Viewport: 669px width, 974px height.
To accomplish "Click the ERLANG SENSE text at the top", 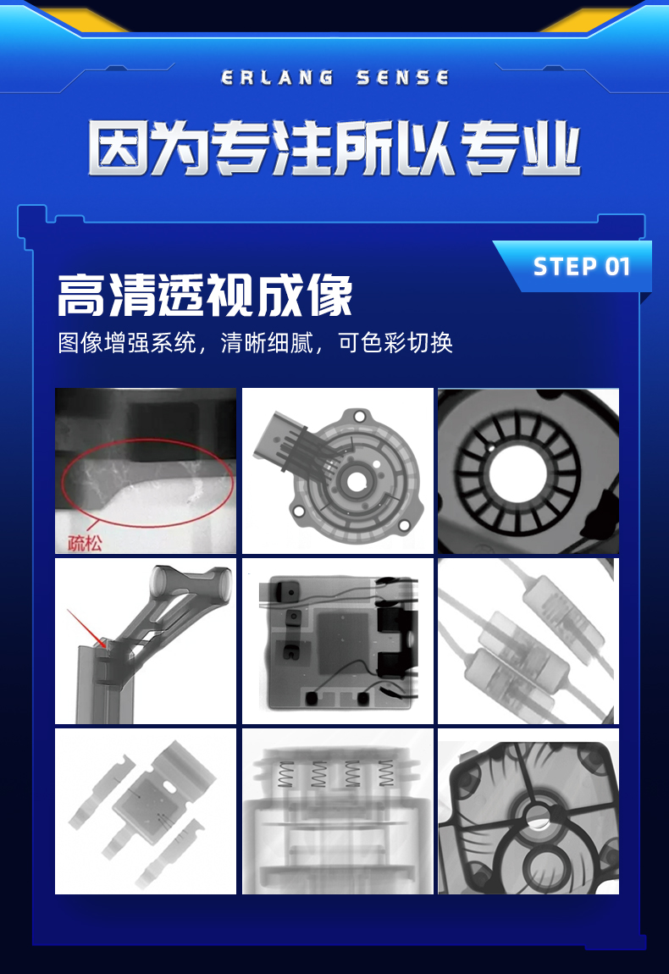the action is (334, 78).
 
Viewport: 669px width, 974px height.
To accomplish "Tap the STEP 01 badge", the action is (582, 267).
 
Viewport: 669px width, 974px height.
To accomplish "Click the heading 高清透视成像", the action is (205, 296).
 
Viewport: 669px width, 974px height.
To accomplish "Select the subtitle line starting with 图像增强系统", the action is (255, 343).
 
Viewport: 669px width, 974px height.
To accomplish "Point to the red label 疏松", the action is (85, 544).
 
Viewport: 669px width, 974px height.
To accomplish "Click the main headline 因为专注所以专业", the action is (334, 148).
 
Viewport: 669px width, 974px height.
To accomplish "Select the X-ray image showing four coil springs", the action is (337, 811).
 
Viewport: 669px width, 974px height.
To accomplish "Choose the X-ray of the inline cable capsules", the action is (528, 641).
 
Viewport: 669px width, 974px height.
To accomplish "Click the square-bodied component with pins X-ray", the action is (146, 811).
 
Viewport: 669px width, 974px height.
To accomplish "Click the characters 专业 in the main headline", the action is (521, 148).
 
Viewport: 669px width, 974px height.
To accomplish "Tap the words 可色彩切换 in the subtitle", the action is (395, 343).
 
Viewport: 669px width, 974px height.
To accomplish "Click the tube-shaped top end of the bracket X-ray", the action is (163, 582).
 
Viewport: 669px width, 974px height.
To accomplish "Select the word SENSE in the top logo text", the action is (402, 78).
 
